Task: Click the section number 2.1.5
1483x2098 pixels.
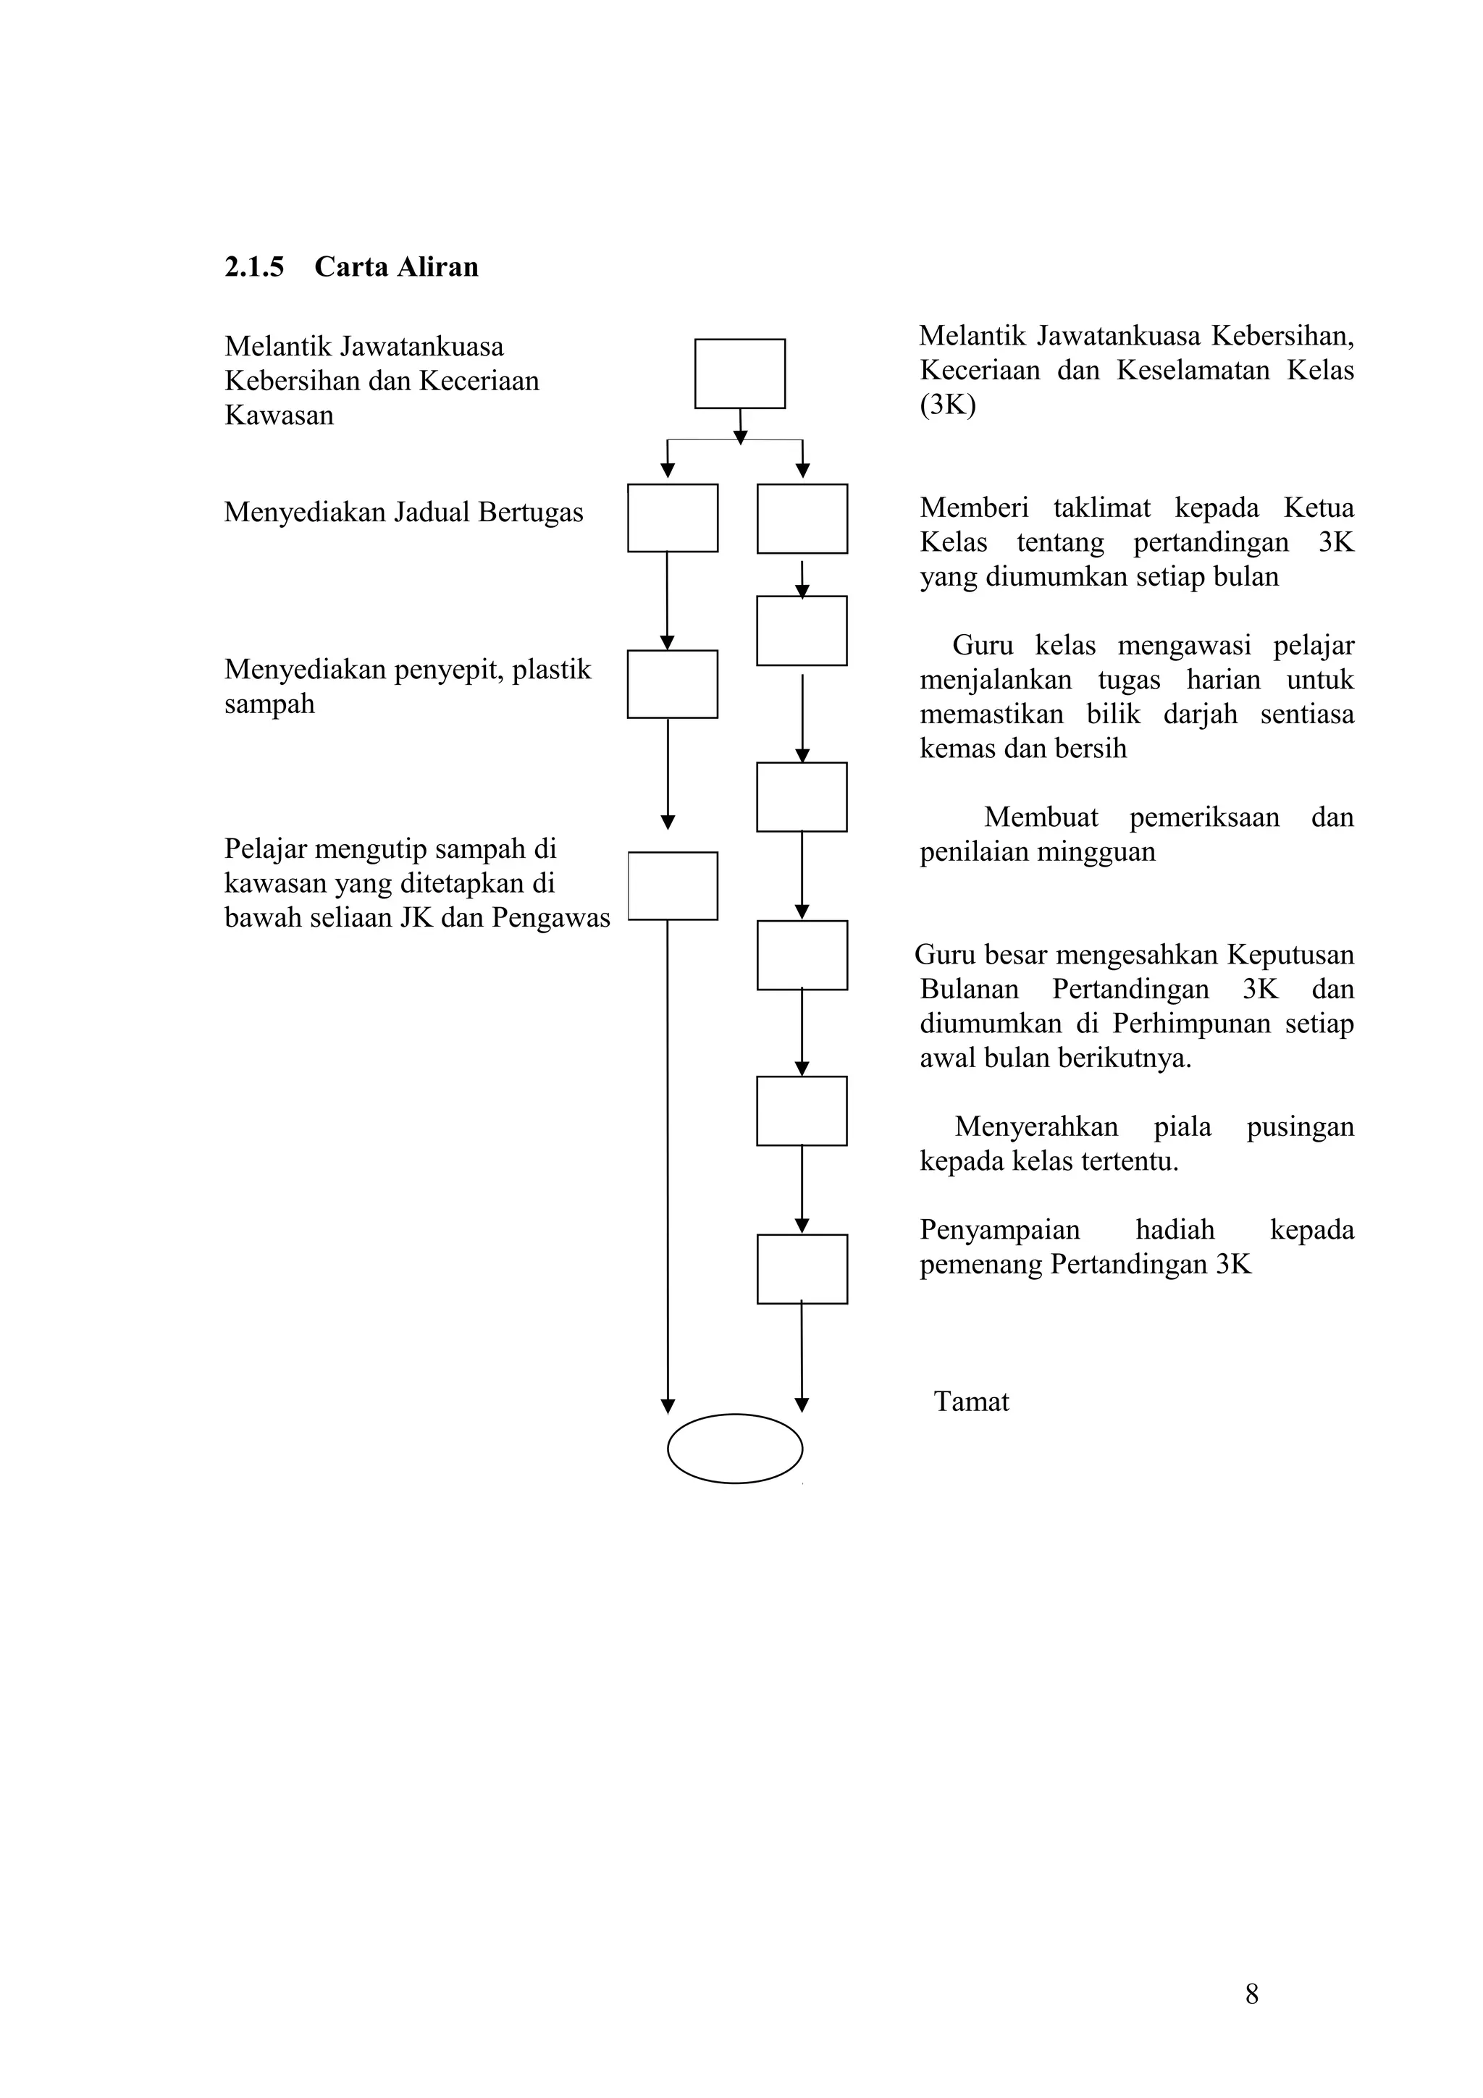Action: (254, 267)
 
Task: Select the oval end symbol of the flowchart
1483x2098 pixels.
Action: (735, 1449)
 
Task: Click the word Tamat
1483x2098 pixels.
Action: (971, 1402)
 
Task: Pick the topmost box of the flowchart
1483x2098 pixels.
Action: (739, 374)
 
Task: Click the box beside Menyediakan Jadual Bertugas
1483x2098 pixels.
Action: (673, 518)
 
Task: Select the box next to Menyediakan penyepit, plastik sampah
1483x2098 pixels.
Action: (673, 684)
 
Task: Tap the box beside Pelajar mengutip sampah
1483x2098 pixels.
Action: (673, 885)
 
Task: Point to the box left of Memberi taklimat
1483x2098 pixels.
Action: (802, 519)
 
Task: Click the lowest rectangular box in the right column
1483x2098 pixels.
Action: (802, 1269)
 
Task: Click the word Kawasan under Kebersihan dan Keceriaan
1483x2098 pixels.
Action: (279, 416)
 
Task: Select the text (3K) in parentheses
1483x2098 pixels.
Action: (948, 404)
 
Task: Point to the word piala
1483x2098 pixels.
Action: (1182, 1126)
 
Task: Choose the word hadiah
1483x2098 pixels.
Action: (1175, 1230)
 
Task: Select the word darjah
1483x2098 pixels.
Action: (1200, 714)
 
